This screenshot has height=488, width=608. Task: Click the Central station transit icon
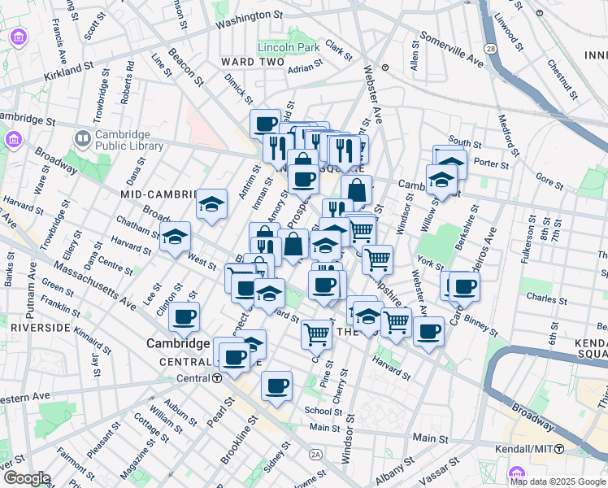[x=217, y=378]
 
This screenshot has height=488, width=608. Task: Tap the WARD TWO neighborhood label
[x=253, y=62]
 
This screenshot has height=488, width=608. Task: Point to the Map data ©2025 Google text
[x=557, y=481]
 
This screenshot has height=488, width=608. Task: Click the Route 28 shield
[x=490, y=50]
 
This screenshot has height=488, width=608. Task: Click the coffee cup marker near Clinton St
[x=185, y=317]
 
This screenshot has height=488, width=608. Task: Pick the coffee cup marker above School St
[x=276, y=386]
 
